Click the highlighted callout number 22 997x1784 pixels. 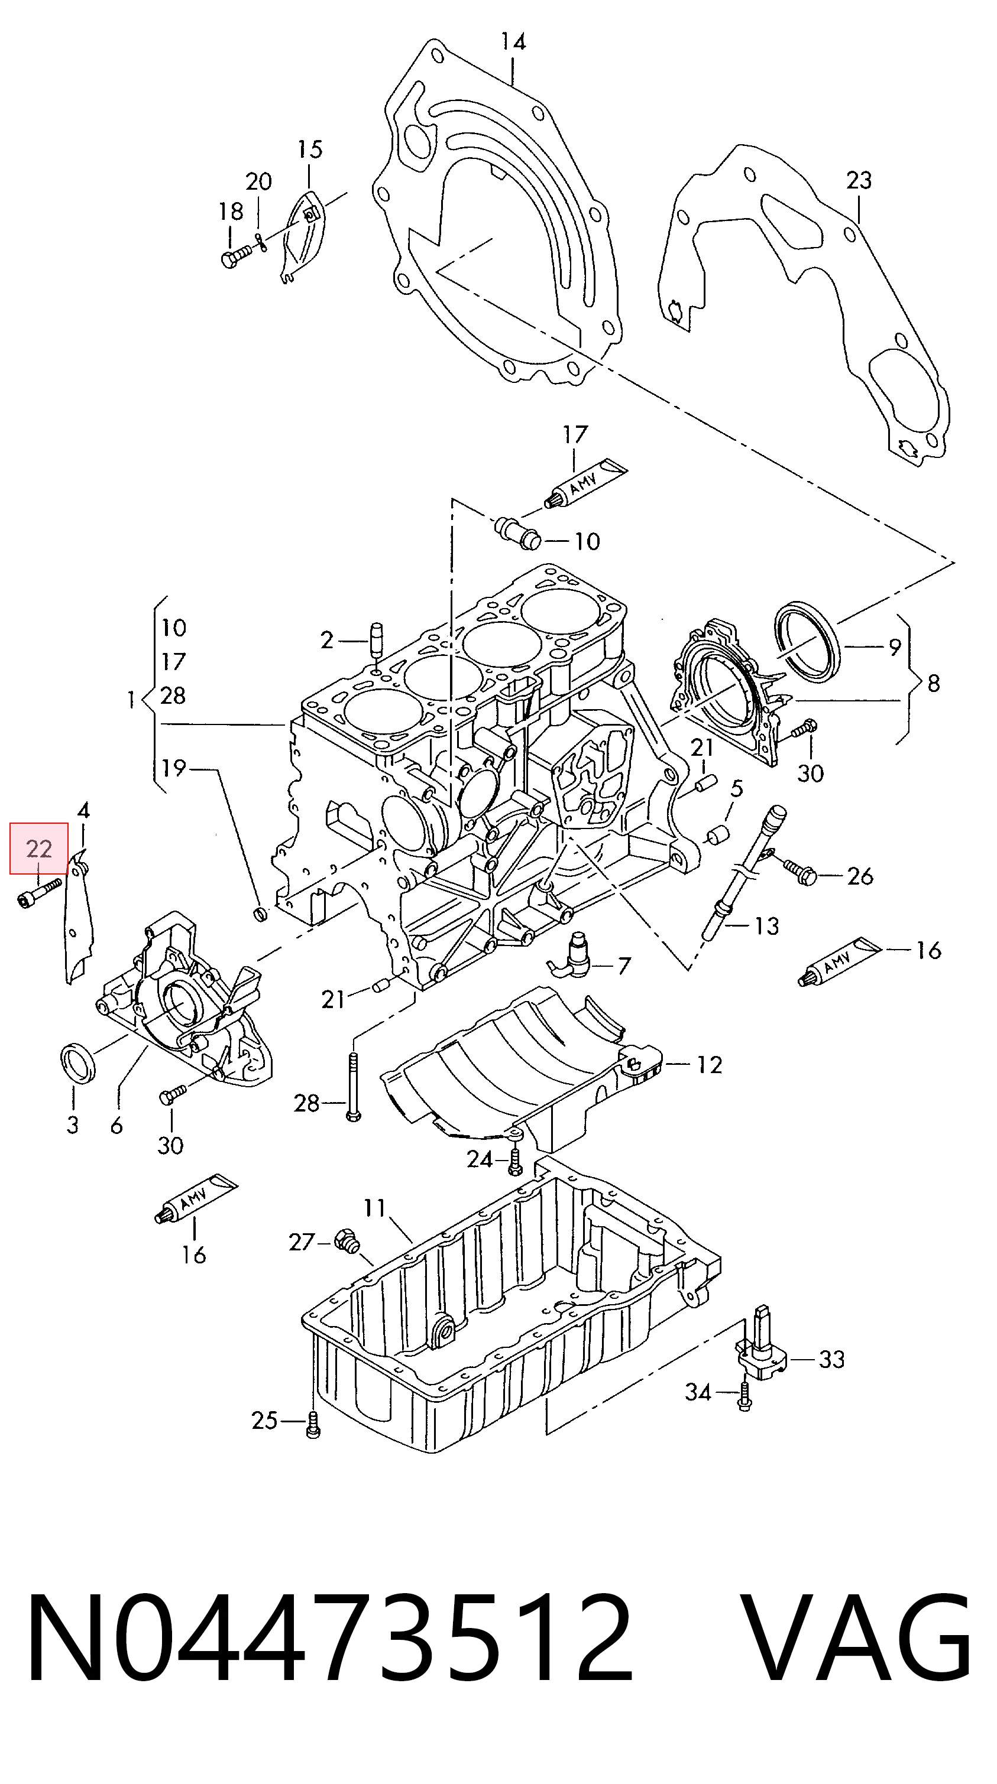pyautogui.click(x=39, y=849)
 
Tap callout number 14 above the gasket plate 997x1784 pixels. pyautogui.click(x=513, y=42)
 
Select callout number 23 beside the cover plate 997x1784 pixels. pyautogui.click(x=859, y=180)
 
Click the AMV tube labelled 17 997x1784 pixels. pyautogui.click(x=585, y=483)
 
